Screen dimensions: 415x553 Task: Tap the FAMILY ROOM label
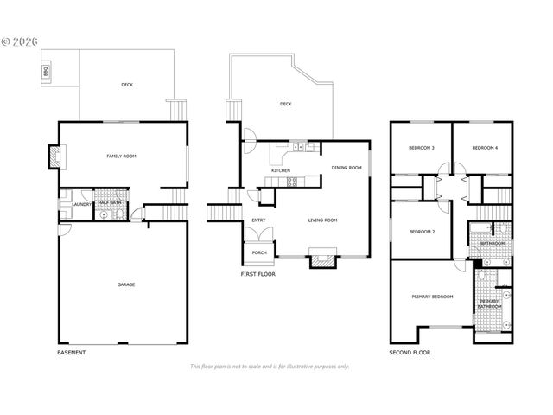121,156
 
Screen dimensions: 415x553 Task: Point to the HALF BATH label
109,203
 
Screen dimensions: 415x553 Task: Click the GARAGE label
126,284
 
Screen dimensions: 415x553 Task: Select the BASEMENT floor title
72,353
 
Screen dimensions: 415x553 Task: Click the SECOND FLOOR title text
410,353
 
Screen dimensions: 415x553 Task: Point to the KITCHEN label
281,170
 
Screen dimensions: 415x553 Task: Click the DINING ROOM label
346,168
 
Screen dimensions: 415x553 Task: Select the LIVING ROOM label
322,220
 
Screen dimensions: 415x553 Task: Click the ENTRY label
258,220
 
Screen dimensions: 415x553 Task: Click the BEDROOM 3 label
422,149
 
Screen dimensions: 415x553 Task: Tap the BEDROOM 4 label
485,149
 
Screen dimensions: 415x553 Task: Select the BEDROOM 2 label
421,232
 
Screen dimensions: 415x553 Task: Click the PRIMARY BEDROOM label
432,297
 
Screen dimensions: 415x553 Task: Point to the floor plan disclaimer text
270,367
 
